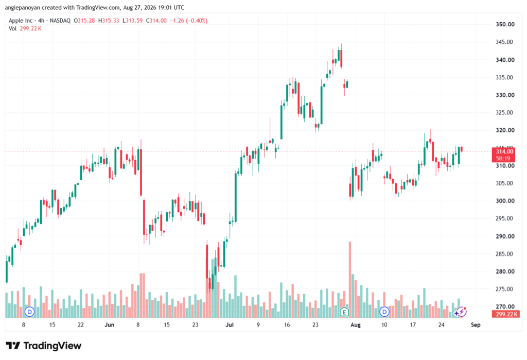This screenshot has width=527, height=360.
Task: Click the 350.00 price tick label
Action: [505, 24]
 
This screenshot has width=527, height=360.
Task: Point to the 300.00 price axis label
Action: [505, 201]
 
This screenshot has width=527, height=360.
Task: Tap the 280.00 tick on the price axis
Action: [505, 271]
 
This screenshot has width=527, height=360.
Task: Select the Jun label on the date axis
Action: [109, 324]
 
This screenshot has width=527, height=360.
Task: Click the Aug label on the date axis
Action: [355, 324]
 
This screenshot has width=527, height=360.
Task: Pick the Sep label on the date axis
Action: [476, 324]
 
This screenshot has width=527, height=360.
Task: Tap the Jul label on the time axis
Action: [230, 324]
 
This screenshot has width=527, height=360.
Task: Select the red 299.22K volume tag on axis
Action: [505, 314]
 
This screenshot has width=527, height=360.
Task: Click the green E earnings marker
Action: [344, 312]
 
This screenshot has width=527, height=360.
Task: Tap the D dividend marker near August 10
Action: [384, 312]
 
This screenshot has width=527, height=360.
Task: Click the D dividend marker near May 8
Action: [29, 312]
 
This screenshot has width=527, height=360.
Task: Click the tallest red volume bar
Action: [350, 280]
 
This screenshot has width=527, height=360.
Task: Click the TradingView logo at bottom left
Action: [44, 346]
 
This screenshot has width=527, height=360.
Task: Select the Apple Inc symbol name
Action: [21, 21]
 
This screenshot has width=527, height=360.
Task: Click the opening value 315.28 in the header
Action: [86, 21]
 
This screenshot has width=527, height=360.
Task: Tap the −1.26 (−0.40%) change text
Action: [188, 21]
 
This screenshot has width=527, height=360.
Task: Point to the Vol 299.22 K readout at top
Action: [25, 29]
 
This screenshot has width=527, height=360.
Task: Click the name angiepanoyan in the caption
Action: [23, 7]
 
